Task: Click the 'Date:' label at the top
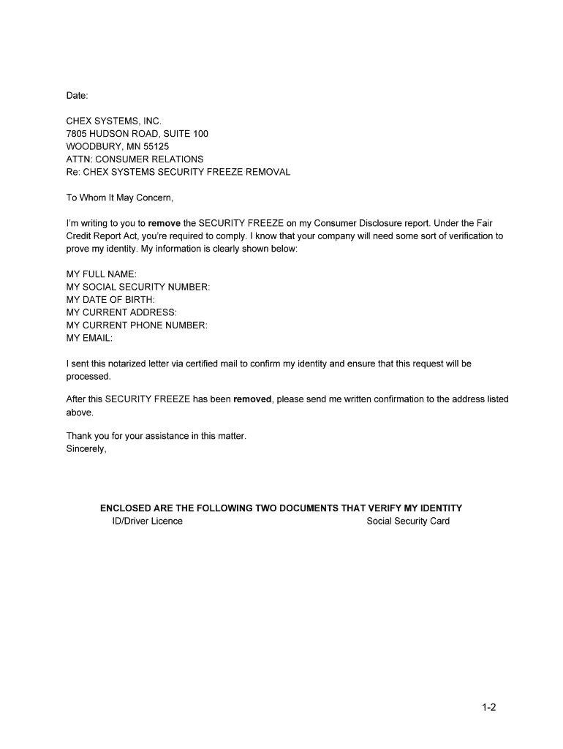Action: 77,96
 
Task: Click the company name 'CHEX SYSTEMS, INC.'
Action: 113,121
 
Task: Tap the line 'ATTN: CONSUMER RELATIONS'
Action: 135,159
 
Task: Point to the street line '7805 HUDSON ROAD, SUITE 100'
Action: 137,134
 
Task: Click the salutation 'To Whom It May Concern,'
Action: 119,197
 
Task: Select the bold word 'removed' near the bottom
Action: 252,399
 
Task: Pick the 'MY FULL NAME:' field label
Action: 101,274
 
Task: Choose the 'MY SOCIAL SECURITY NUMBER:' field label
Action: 138,287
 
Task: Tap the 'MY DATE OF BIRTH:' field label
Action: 110,299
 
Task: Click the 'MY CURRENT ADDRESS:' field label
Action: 121,312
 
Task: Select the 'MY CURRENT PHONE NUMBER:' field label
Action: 137,325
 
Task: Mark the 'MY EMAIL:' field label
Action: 89,338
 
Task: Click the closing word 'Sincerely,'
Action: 86,449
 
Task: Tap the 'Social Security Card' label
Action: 408,522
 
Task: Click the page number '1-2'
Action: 489,707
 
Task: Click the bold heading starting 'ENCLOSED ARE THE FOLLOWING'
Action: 281,508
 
